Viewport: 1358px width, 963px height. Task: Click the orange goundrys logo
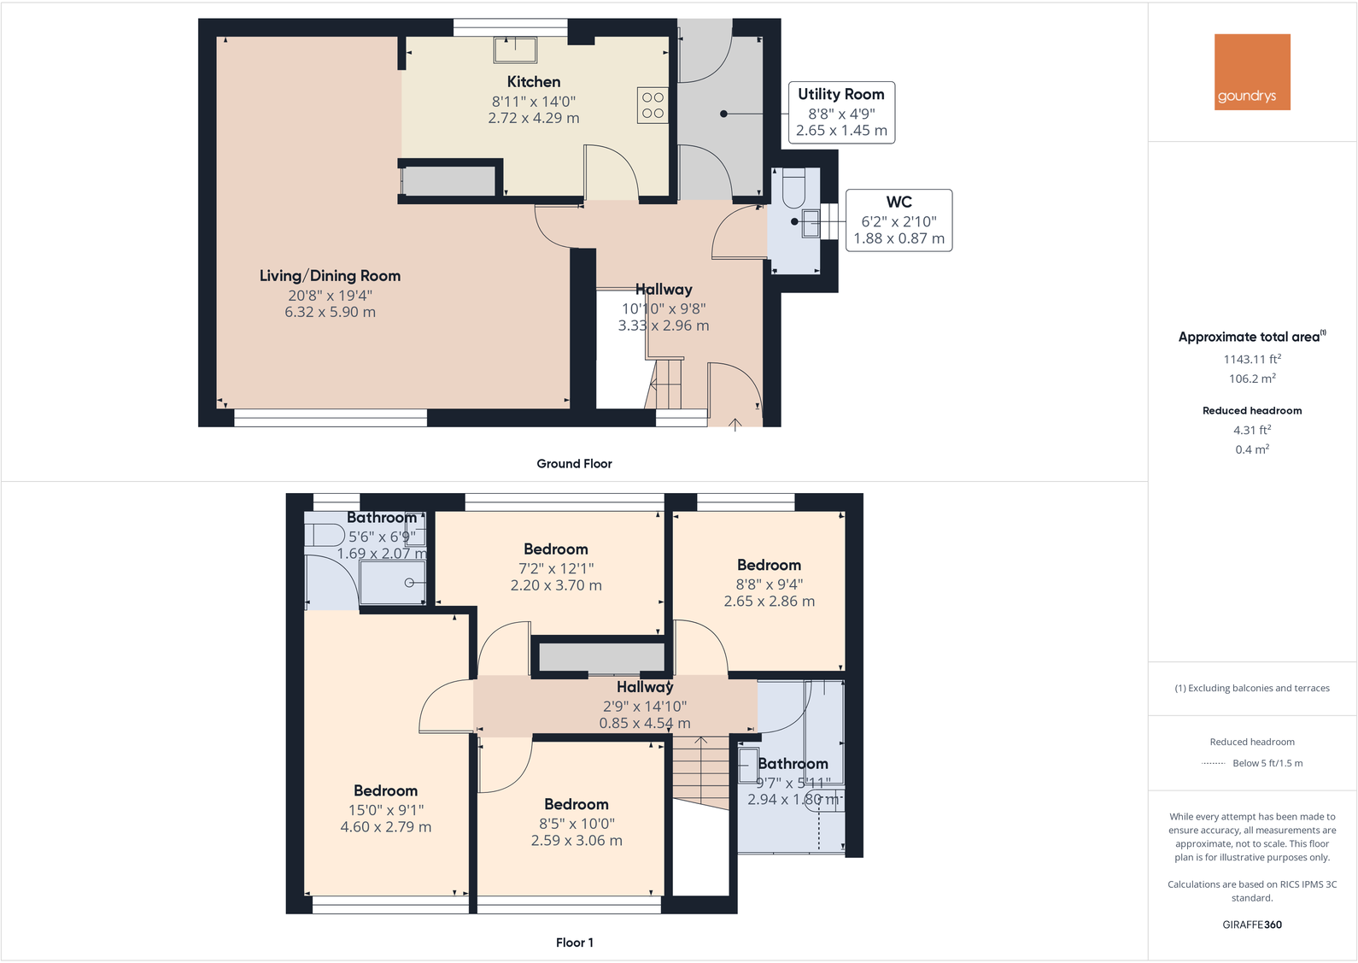click(x=1252, y=72)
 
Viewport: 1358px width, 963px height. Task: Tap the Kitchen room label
click(x=534, y=82)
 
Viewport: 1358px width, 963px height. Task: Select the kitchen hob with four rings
click(x=653, y=105)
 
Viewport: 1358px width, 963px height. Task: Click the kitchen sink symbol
click(x=515, y=50)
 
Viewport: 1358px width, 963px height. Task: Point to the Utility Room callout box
click(x=841, y=112)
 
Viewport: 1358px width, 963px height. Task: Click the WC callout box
click(x=899, y=220)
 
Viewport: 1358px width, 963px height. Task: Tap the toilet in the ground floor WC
click(x=793, y=188)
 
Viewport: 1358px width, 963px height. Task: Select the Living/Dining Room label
click(x=330, y=276)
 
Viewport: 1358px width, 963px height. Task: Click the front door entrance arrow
click(x=735, y=424)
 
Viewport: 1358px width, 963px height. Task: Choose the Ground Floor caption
click(x=574, y=464)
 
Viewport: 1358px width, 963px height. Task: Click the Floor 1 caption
click(x=574, y=942)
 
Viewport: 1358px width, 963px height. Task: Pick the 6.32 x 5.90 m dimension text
click(x=330, y=313)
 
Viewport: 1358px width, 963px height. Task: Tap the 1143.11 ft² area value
click(x=1252, y=360)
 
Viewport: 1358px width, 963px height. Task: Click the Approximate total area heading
click(x=1252, y=337)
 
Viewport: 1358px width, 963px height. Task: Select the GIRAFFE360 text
click(x=1252, y=925)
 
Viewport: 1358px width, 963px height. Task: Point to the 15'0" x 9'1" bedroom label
click(x=385, y=809)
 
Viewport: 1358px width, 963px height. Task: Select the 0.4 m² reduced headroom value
click(x=1252, y=449)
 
